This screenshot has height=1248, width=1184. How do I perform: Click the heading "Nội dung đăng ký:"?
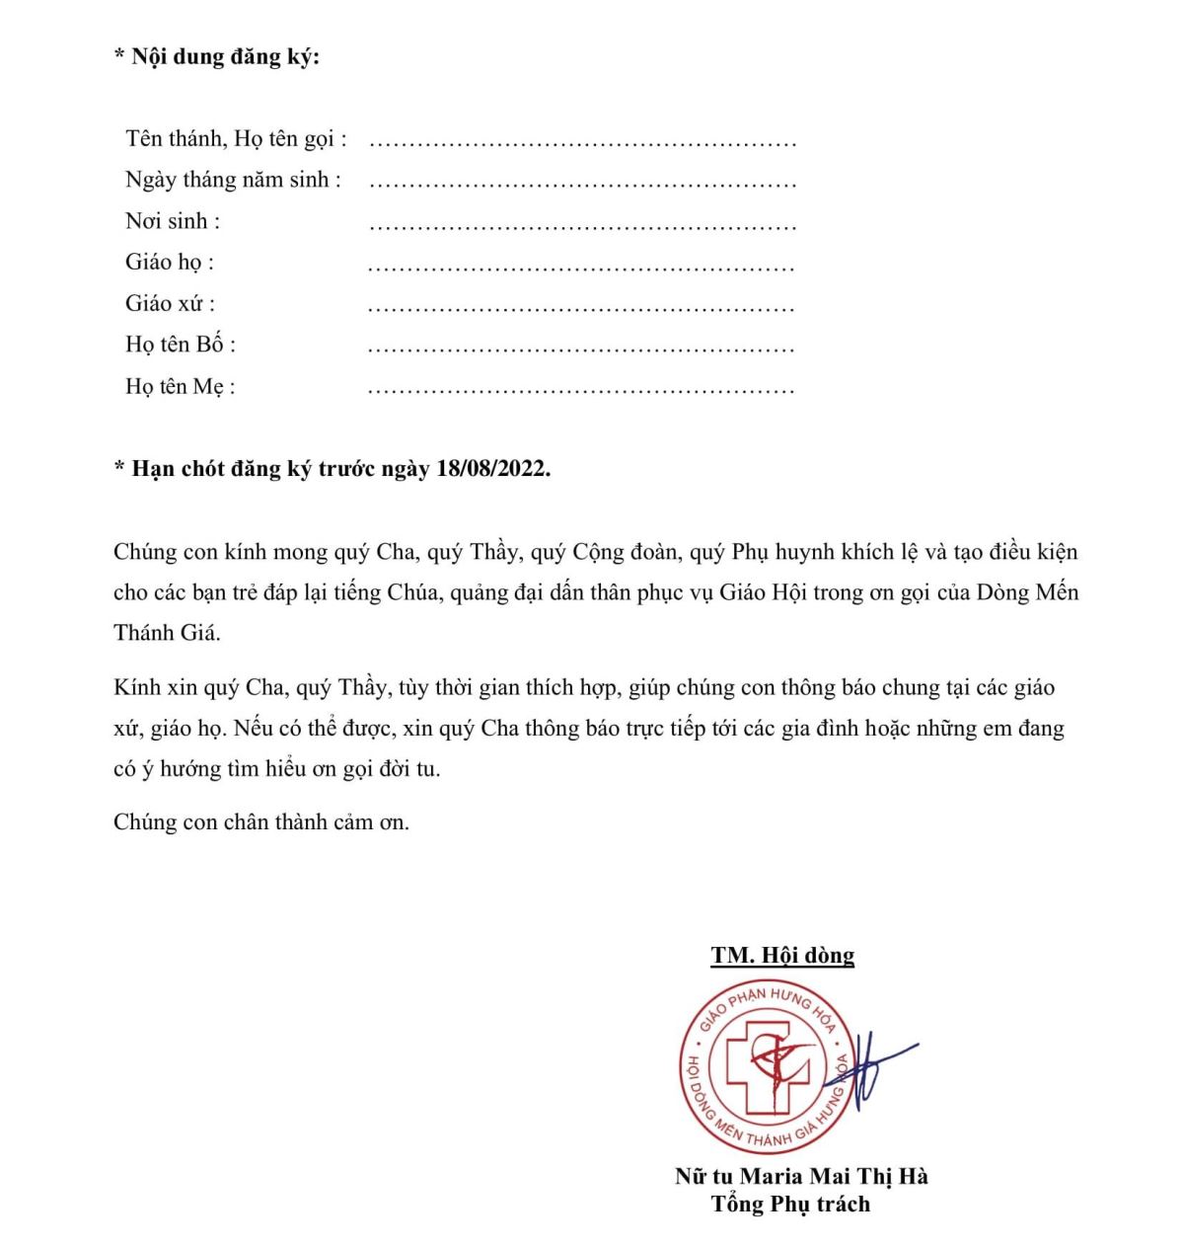[x=225, y=57]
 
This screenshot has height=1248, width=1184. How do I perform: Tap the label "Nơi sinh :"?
[x=173, y=221]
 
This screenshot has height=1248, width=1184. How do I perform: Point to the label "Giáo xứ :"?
[x=170, y=303]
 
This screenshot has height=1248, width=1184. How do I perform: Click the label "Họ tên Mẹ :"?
[x=181, y=386]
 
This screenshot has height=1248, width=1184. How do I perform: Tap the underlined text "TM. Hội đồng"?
[x=782, y=955]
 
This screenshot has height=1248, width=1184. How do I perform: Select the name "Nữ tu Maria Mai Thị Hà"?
[x=801, y=1176]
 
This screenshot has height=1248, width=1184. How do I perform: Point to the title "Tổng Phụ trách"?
[x=790, y=1204]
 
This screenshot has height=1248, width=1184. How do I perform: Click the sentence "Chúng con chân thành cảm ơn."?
[x=261, y=821]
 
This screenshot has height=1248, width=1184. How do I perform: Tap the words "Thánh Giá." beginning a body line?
[x=167, y=633]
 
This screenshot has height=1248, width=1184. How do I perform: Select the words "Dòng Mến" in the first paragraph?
[x=1028, y=592]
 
